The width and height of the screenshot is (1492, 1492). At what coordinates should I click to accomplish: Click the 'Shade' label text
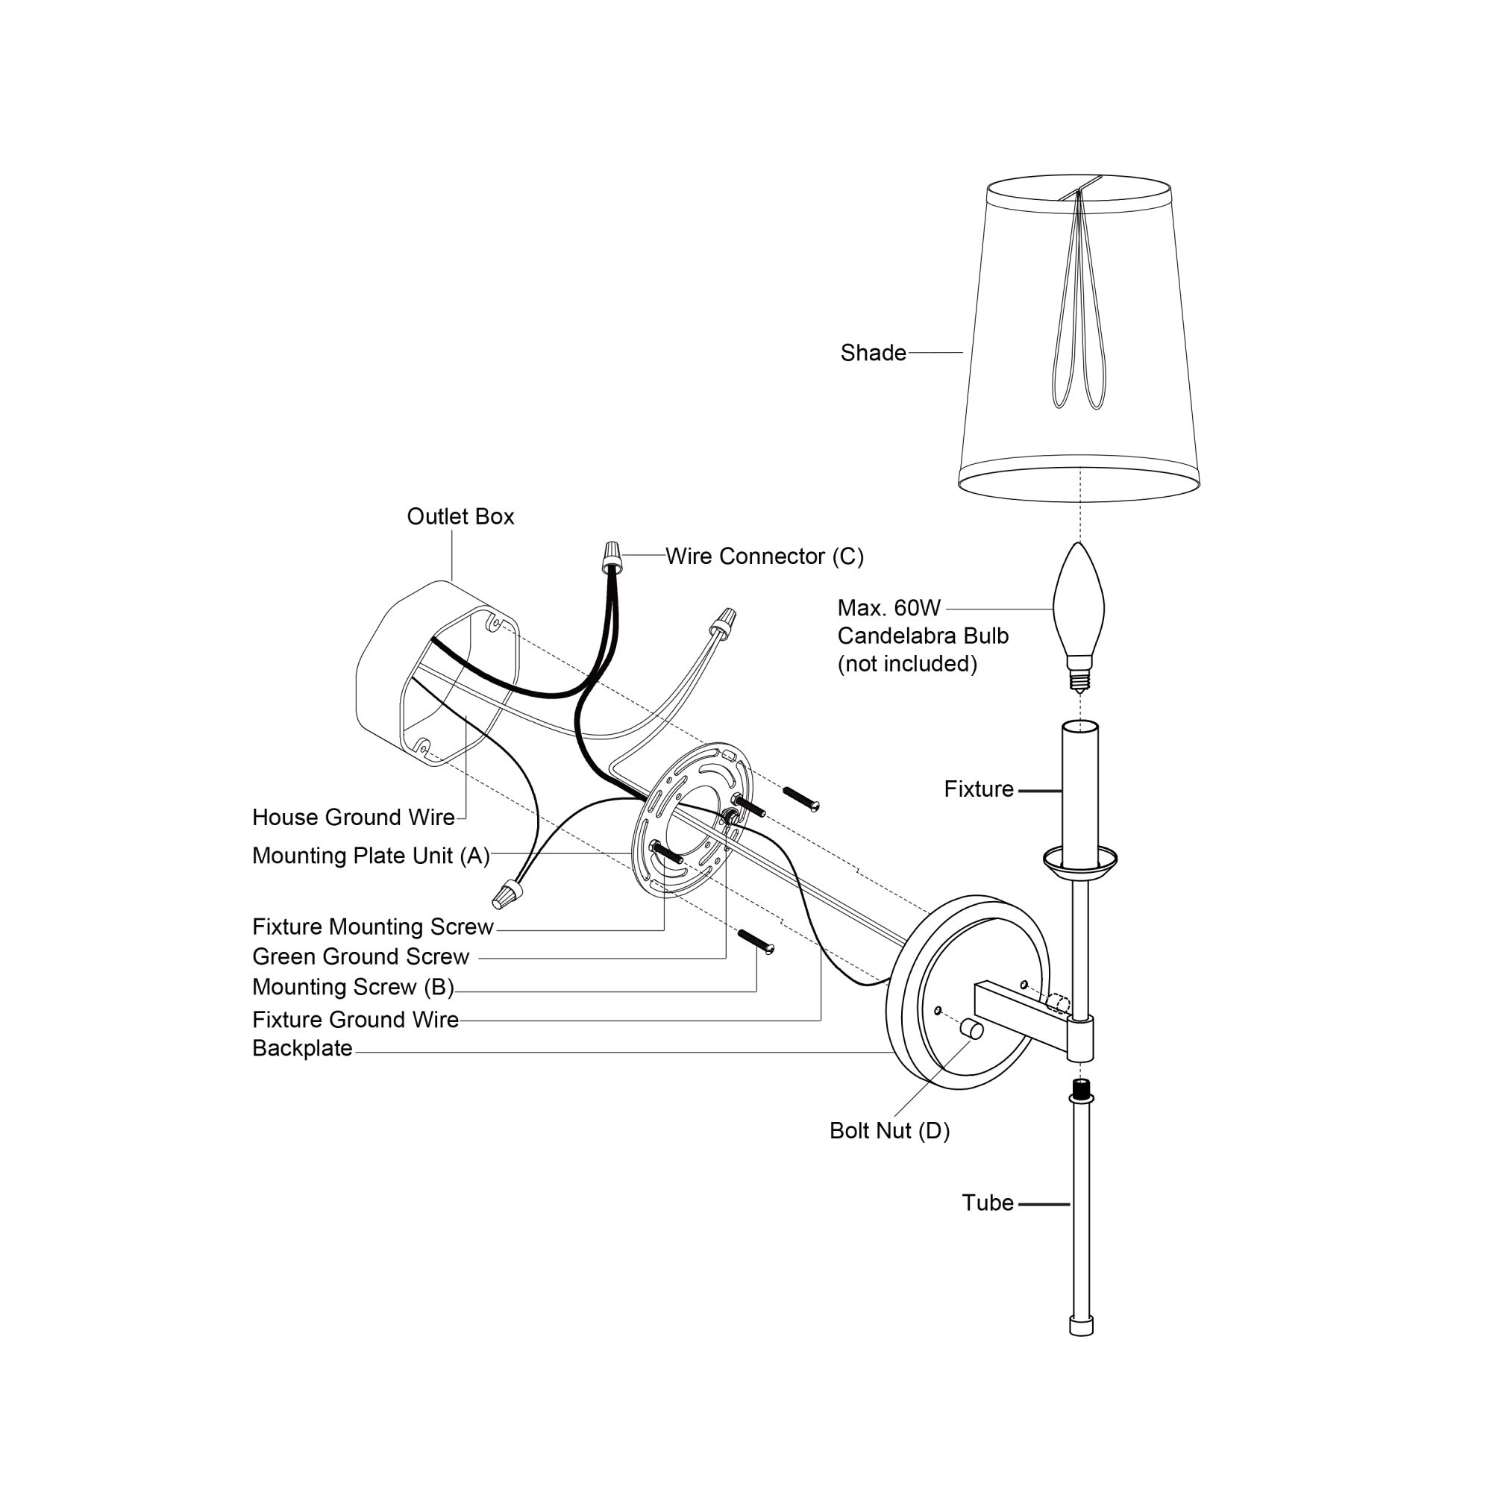(x=873, y=353)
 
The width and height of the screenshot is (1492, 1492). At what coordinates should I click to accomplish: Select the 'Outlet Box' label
(x=460, y=517)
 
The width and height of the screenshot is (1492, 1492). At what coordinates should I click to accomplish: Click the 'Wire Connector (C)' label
(x=765, y=556)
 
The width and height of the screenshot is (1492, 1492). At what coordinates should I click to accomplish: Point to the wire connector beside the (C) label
(x=612, y=556)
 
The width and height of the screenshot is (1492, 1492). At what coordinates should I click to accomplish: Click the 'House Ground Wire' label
(x=353, y=817)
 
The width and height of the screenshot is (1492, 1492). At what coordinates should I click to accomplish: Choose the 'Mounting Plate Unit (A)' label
(x=371, y=856)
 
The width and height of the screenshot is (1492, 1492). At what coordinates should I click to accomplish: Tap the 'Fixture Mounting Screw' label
(x=372, y=927)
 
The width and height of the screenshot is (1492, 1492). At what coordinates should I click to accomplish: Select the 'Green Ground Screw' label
(x=360, y=957)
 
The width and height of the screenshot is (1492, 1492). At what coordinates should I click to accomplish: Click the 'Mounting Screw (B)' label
(x=353, y=987)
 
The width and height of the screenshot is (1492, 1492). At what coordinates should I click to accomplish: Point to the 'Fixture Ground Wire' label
(x=355, y=1019)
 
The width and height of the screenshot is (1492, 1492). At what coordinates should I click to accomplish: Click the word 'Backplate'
(x=302, y=1048)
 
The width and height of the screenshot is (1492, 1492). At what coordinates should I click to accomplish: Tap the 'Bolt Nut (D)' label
(x=889, y=1131)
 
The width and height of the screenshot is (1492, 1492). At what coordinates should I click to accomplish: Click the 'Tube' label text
(x=987, y=1203)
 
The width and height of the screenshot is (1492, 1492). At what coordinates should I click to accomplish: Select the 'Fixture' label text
(x=979, y=789)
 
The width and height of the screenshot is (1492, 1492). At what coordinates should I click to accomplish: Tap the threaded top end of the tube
(x=1081, y=1091)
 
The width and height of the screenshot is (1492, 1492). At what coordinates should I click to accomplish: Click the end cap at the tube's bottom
(x=1081, y=1326)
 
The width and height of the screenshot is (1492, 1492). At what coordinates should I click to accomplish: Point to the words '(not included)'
(x=907, y=663)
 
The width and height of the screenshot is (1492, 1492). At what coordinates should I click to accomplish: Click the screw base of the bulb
(x=1079, y=678)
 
